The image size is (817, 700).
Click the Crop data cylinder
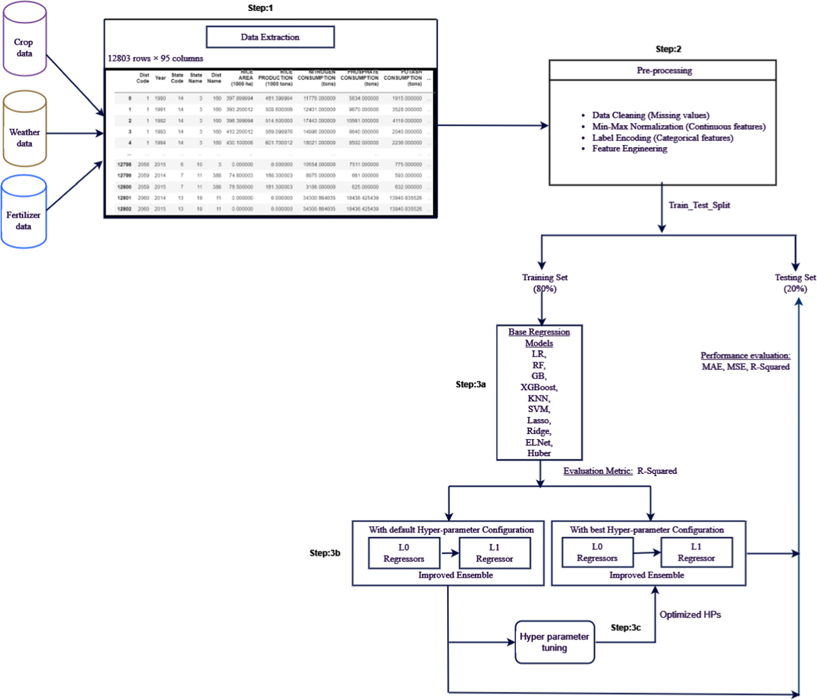[24, 43]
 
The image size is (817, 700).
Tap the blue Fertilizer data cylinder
[23, 215]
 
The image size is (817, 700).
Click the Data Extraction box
[270, 37]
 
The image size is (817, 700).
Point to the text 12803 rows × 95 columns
[155, 59]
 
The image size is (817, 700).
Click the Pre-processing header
[664, 71]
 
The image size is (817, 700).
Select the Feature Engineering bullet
[629, 149]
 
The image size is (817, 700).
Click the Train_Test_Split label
[699, 205]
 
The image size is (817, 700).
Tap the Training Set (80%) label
[545, 283]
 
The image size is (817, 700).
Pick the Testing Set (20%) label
[795, 283]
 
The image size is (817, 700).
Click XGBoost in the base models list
[539, 387]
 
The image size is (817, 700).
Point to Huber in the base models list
[539, 453]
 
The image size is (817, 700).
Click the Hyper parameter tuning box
[554, 642]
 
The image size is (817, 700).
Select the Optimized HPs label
[690, 615]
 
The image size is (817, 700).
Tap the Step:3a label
[470, 384]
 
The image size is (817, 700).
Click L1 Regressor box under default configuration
[494, 553]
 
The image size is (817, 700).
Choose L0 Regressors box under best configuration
[597, 552]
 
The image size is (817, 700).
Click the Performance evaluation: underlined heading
[745, 356]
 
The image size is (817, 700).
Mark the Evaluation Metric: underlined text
[598, 471]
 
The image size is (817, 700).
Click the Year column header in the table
[160, 78]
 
